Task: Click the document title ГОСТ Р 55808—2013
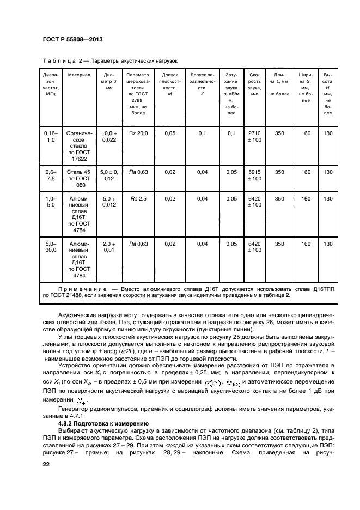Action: coord(72,40)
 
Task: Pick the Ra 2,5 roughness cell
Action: coord(138,199)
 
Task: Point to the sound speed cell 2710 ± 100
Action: coord(254,136)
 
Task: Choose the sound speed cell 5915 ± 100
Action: coord(254,175)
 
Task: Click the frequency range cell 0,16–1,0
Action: coord(50,136)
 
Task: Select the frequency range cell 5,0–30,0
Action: coord(50,247)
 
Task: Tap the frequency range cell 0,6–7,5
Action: coord(50,175)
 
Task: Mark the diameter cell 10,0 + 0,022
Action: coord(109,136)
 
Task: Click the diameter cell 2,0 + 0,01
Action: coord(109,247)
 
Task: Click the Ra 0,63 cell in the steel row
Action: coord(138,172)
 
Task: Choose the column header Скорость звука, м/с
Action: coord(254,84)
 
